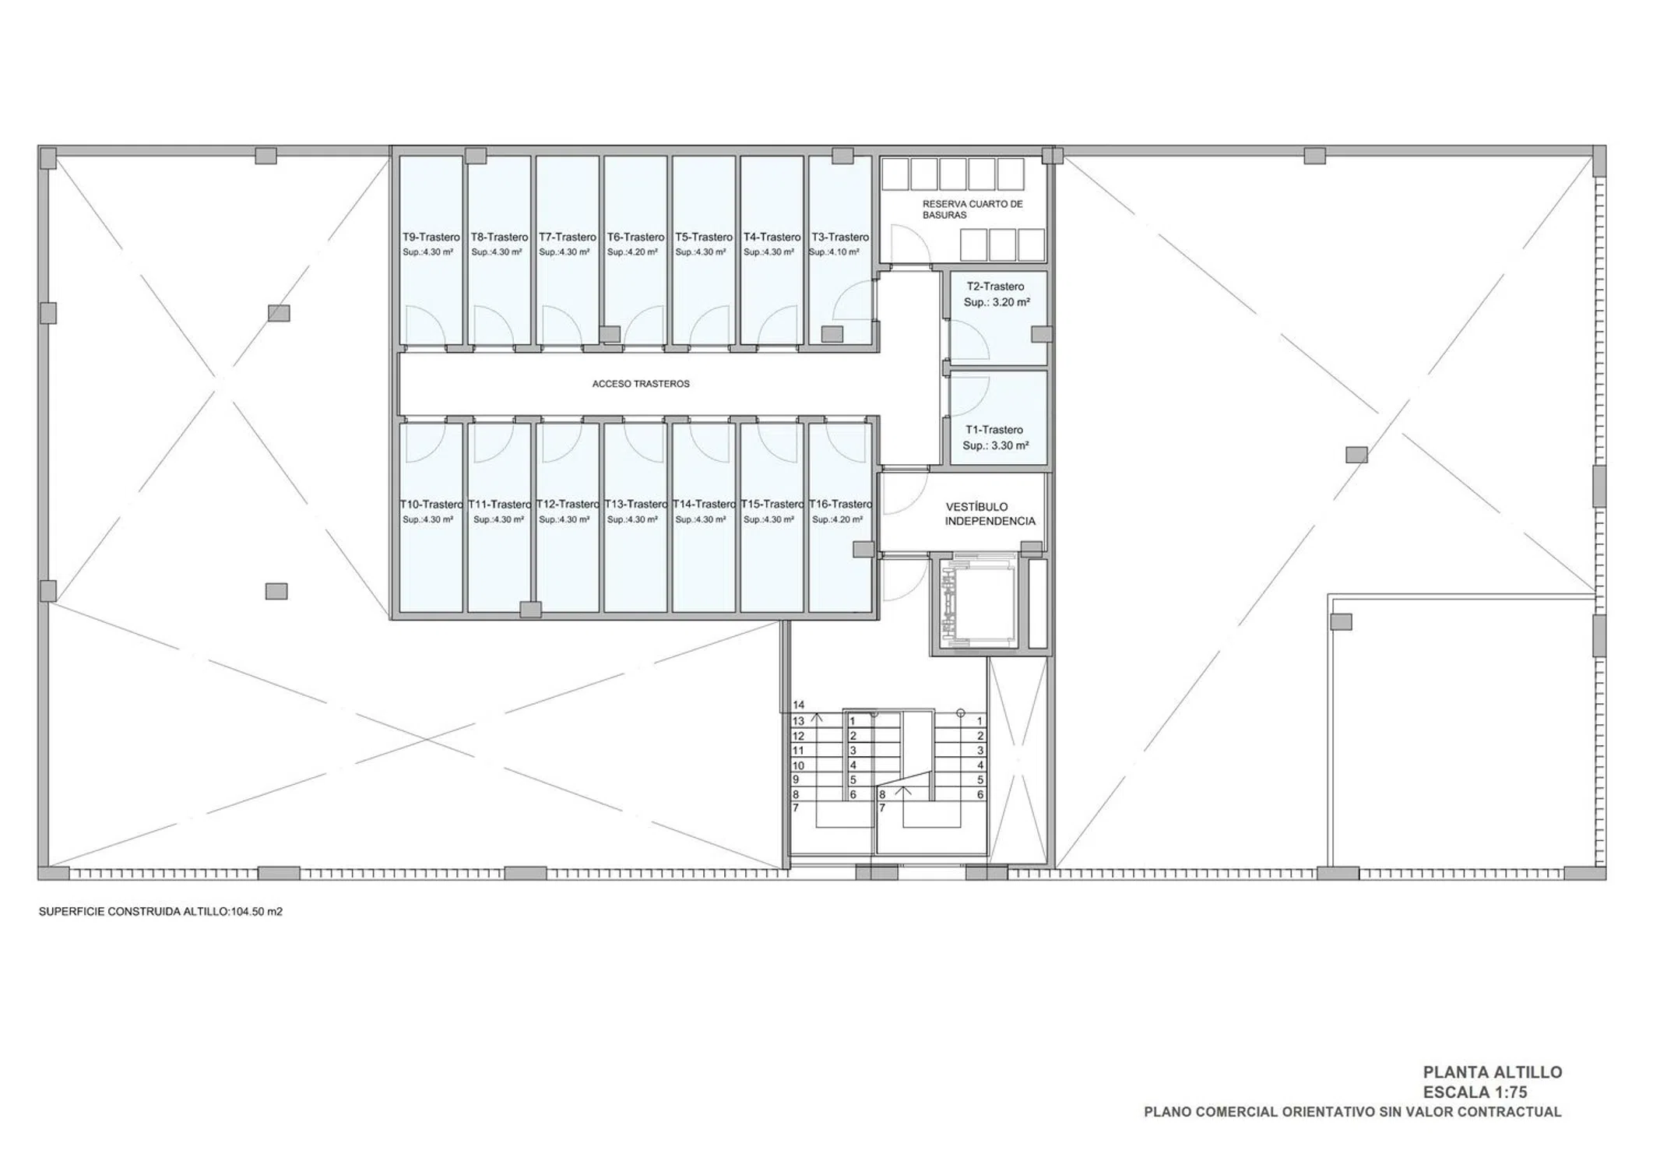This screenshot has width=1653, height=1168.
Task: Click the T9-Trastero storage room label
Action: [431, 237]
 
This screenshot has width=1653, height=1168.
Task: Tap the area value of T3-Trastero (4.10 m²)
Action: [834, 252]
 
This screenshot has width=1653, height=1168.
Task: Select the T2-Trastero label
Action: [995, 287]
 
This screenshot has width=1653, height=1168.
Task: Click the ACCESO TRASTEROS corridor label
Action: [641, 384]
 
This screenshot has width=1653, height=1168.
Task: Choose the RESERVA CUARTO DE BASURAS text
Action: [972, 209]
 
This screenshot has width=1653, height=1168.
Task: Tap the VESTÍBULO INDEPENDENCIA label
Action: [990, 514]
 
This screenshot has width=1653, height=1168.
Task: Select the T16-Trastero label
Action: [840, 504]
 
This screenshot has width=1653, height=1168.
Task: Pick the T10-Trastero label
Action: [431, 504]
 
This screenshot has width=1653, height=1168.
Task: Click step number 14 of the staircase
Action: [798, 705]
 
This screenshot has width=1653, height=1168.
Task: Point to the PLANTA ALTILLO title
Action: [1493, 1072]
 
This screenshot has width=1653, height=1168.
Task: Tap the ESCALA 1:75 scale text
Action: [1475, 1092]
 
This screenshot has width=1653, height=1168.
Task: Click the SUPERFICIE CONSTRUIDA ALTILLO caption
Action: [160, 911]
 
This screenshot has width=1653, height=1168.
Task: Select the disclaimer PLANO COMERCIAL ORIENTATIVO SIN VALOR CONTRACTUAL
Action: [1352, 1112]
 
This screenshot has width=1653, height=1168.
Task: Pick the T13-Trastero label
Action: [636, 504]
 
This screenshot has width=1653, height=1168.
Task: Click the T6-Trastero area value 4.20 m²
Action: [632, 252]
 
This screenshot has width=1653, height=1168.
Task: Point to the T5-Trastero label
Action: [704, 237]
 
